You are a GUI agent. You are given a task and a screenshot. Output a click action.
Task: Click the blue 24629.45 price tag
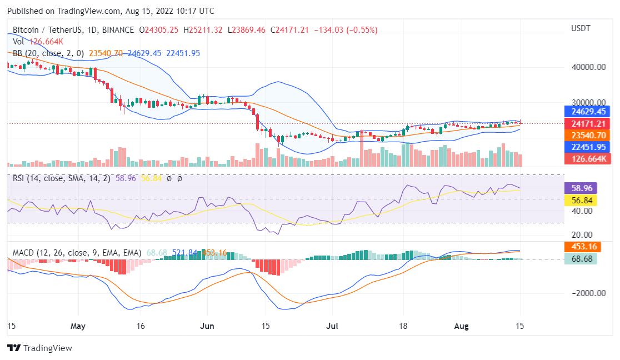tap(587, 111)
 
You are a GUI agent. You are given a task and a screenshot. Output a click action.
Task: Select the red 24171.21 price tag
tap(587, 123)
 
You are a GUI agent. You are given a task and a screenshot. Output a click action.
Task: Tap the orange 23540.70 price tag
tap(587, 135)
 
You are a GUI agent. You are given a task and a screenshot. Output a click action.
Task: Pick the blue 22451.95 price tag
tap(587, 147)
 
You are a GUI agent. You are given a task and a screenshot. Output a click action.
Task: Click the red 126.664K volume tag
tap(587, 159)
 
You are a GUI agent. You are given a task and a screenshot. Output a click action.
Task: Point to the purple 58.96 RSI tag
tap(580, 188)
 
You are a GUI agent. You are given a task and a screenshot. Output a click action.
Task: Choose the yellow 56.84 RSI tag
tap(580, 199)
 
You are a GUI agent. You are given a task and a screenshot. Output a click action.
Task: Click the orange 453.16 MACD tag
tap(580, 247)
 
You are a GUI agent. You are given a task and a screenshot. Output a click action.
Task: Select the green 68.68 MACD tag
tap(580, 259)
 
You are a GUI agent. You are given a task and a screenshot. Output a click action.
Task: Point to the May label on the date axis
tap(78, 326)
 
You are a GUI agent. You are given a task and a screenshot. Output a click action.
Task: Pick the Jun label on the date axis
tap(207, 326)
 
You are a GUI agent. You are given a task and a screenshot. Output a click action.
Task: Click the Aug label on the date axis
tap(462, 326)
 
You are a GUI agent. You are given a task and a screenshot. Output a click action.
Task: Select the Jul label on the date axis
tap(332, 326)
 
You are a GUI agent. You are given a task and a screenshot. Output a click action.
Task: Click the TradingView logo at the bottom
tap(39, 348)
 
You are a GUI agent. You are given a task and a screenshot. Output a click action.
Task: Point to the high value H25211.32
tap(206, 29)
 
